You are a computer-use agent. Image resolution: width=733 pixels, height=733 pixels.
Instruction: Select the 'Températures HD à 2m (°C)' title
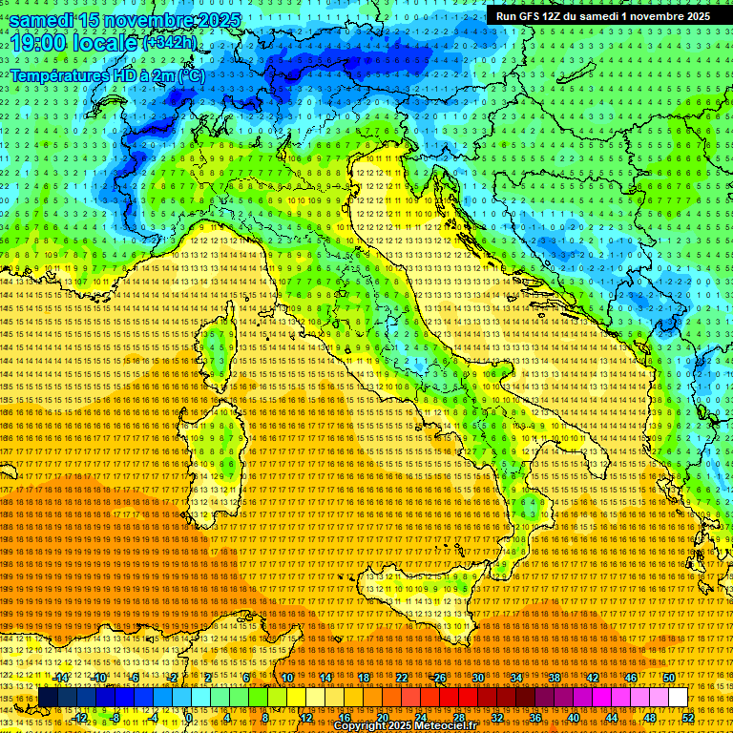coord(107,74)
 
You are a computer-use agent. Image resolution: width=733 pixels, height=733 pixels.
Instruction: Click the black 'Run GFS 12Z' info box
coord(602,15)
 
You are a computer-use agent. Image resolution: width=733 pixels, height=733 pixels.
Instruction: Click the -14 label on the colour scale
coord(63,678)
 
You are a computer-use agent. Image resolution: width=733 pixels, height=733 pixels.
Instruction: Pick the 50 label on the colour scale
coord(668,678)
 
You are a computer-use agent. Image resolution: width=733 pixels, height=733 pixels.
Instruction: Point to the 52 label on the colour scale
coord(687,717)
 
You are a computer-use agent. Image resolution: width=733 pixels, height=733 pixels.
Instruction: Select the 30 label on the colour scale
coord(478,678)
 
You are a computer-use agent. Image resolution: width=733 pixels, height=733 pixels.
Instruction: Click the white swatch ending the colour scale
coord(678,697)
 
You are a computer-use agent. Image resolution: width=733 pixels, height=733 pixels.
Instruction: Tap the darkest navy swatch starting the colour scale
coord(49,697)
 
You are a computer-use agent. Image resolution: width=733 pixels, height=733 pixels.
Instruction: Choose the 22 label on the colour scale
coord(402,678)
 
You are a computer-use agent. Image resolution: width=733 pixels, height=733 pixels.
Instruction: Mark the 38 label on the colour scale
coord(555,678)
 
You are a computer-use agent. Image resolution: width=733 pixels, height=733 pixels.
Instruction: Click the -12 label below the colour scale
coord(81,717)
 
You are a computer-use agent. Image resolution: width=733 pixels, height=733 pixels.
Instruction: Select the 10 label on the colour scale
coord(287,678)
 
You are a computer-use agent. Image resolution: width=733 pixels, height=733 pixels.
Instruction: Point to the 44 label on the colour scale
coord(611,717)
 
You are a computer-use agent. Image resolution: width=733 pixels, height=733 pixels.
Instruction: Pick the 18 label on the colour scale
coord(364,678)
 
